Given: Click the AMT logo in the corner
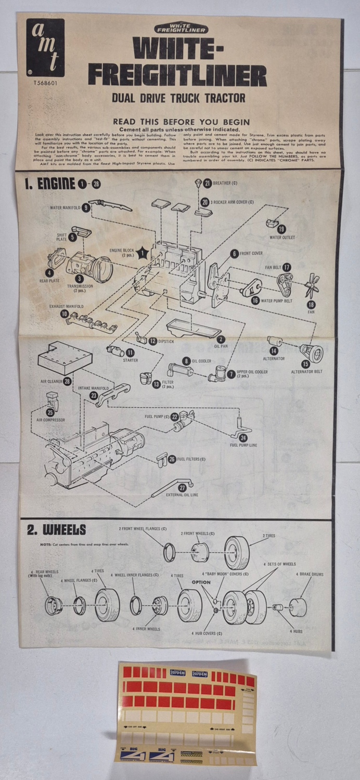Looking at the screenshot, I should tap(46, 48).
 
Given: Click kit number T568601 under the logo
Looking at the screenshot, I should tap(46, 82).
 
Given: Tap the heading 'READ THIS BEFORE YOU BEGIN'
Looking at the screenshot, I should tap(182, 122).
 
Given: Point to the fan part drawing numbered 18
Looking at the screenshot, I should tap(312, 285).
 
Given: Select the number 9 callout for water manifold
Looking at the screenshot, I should tap(86, 207).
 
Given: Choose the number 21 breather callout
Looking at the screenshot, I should tap(208, 183).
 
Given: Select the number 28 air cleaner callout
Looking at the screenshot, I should tap(67, 381).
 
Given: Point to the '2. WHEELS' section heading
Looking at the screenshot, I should tap(57, 530).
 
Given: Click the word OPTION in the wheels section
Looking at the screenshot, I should tap(201, 582).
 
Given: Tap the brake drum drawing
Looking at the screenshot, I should tap(298, 607).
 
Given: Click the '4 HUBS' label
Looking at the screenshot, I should tap(297, 631).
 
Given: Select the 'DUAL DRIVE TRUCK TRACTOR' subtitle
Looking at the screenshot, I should tap(178, 98).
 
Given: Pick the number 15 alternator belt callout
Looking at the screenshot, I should tap(305, 363).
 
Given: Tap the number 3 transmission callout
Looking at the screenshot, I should tap(80, 278).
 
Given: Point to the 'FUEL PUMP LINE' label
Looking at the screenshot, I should tap(243, 445).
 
